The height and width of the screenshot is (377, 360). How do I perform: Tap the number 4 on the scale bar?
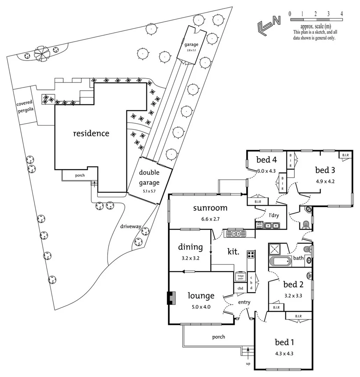pos(341,14)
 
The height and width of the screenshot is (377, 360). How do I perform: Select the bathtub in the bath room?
pos(280,261)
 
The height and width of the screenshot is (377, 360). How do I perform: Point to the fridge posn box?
pos(240,276)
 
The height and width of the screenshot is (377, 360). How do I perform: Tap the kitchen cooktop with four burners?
pos(251,254)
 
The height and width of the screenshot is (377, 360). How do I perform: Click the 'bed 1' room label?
pos(284,342)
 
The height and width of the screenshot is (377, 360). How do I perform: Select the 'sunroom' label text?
pos(210,208)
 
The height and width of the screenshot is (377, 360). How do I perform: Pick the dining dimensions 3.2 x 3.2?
pos(190,259)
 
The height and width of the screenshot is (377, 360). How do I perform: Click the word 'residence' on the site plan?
pos(91,133)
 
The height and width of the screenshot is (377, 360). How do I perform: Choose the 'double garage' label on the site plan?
pos(149,178)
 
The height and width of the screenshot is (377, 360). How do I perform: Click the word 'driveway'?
pos(131,227)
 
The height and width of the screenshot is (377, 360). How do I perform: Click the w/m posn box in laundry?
pos(259,225)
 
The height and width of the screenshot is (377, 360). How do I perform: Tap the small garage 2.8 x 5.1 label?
pos(191,46)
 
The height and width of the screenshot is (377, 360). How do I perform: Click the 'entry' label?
pos(244,302)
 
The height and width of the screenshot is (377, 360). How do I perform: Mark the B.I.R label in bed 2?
pos(276,307)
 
